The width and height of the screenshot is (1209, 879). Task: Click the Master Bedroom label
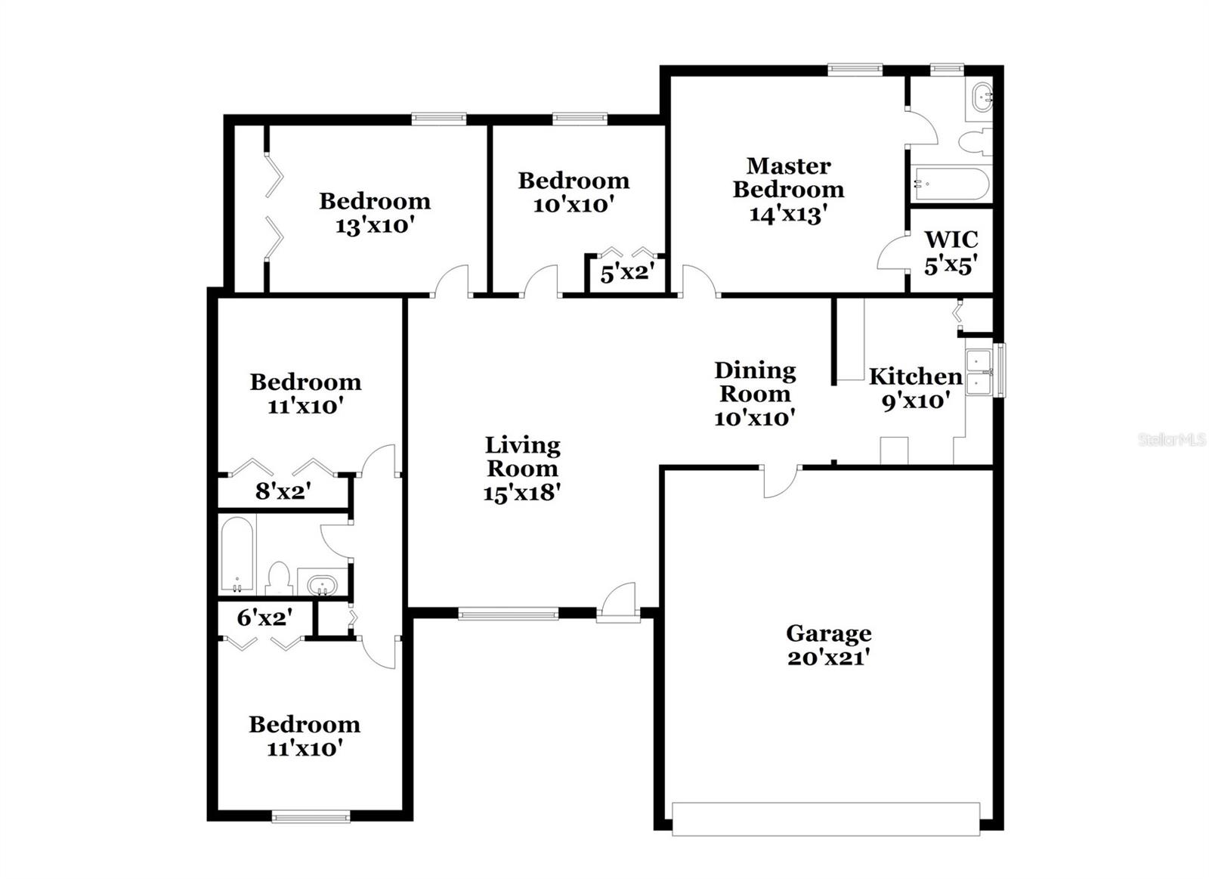coord(788,178)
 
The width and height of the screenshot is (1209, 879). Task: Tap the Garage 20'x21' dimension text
coord(828,658)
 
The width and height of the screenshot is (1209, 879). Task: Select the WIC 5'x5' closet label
coord(951,252)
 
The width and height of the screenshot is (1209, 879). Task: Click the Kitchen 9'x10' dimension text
coord(914,401)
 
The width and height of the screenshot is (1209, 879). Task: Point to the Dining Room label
coord(754,382)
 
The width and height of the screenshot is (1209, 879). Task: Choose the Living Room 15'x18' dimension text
coord(521,493)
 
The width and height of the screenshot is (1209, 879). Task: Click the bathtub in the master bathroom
coord(950,184)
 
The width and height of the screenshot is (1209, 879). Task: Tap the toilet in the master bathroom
coord(974,141)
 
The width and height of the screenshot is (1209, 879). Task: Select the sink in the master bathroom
coord(982,98)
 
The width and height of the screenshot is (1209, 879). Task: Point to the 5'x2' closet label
coord(626,273)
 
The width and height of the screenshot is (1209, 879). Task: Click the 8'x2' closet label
coord(283,492)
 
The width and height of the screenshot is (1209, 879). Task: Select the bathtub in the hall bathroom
coord(237,555)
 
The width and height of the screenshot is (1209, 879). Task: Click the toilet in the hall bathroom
coord(279,577)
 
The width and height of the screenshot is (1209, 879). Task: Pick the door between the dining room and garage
coord(781,481)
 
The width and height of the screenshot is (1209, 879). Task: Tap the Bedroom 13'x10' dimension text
coord(375,225)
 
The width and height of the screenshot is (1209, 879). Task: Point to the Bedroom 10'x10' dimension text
coord(573,205)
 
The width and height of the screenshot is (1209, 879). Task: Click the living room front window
coord(508,614)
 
